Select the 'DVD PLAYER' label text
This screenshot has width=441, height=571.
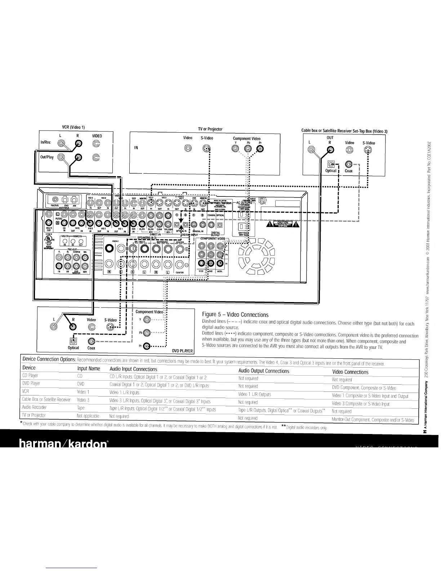[182, 351]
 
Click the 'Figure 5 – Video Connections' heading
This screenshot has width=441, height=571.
[235, 315]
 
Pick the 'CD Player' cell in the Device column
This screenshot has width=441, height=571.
[30, 376]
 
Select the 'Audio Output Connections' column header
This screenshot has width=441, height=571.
[264, 371]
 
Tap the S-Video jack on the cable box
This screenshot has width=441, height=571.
[367, 150]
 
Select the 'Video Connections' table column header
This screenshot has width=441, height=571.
[350, 372]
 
